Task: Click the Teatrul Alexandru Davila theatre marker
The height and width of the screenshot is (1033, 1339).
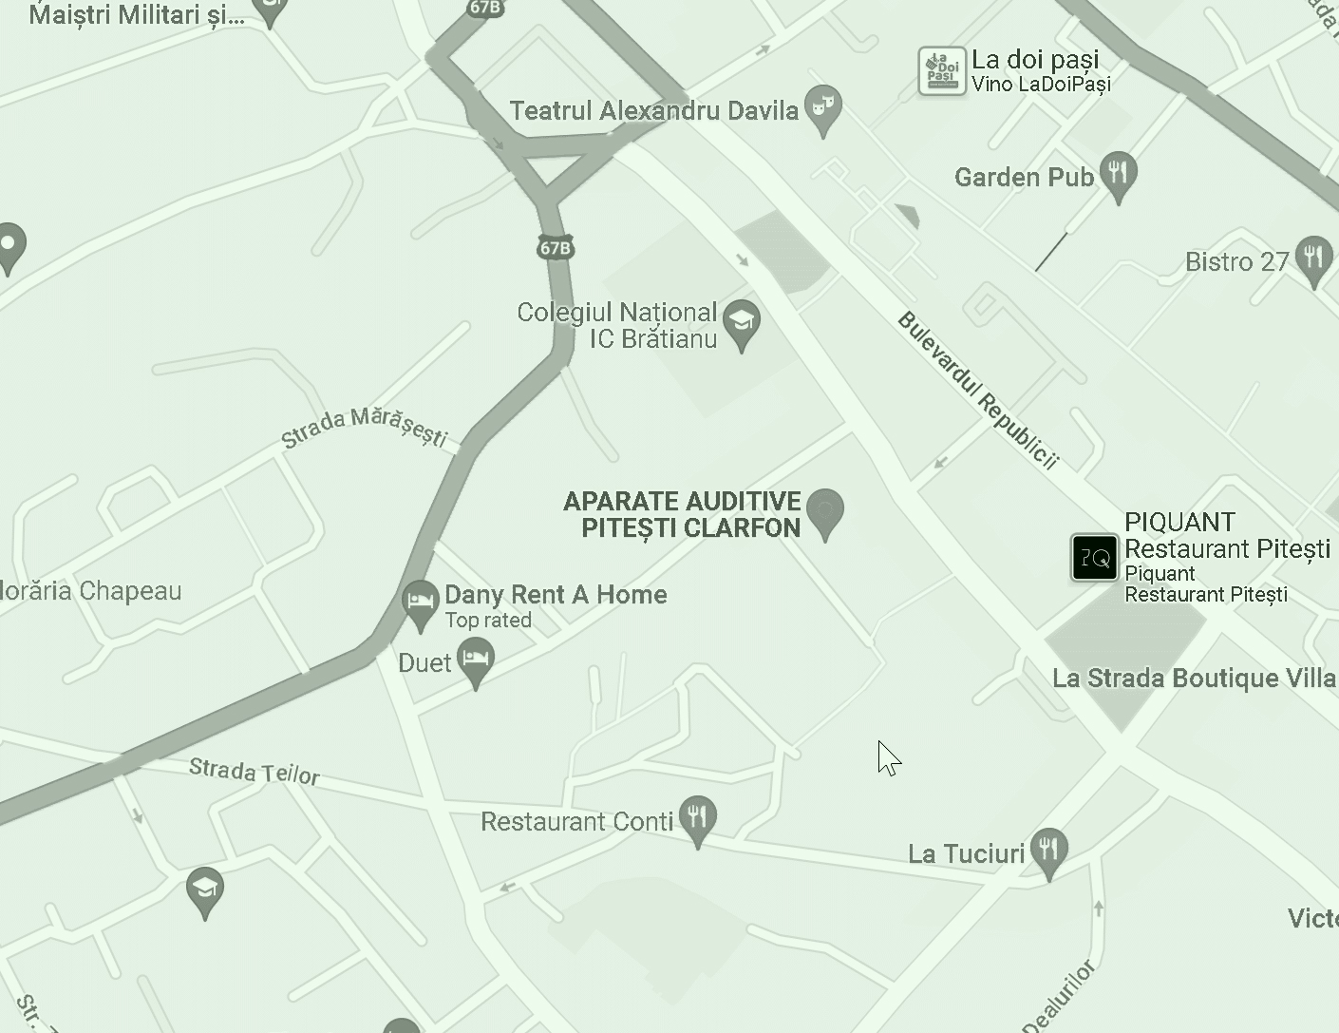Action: point(823,106)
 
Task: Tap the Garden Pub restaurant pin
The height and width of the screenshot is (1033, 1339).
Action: point(1119,174)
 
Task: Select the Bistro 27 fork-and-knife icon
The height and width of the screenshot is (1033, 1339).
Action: point(1313,258)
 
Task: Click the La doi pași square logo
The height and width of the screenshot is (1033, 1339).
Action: point(941,71)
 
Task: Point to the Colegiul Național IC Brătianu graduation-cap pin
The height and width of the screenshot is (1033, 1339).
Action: point(742,322)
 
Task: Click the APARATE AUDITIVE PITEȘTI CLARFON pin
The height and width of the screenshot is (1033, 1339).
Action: point(824,511)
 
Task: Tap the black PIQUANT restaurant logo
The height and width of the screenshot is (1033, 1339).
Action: point(1095,557)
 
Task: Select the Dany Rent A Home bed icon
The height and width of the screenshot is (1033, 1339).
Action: point(420,602)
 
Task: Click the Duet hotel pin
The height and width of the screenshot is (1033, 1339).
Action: point(476,659)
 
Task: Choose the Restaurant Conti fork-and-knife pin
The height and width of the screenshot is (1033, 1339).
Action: point(698,817)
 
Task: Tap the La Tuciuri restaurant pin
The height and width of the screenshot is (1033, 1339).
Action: point(1048,849)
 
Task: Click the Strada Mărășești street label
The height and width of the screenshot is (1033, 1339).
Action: point(365,428)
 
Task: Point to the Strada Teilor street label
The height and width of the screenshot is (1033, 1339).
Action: point(254,771)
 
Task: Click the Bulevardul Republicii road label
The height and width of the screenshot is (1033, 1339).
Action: point(977,390)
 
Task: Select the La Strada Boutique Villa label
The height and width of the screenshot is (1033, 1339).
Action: point(1194,679)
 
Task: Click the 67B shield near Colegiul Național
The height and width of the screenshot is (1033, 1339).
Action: point(556,248)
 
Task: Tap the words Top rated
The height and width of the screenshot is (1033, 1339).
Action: point(488,621)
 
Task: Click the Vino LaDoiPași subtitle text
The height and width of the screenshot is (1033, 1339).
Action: point(1041,84)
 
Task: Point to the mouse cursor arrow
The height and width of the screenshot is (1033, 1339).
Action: point(887,757)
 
